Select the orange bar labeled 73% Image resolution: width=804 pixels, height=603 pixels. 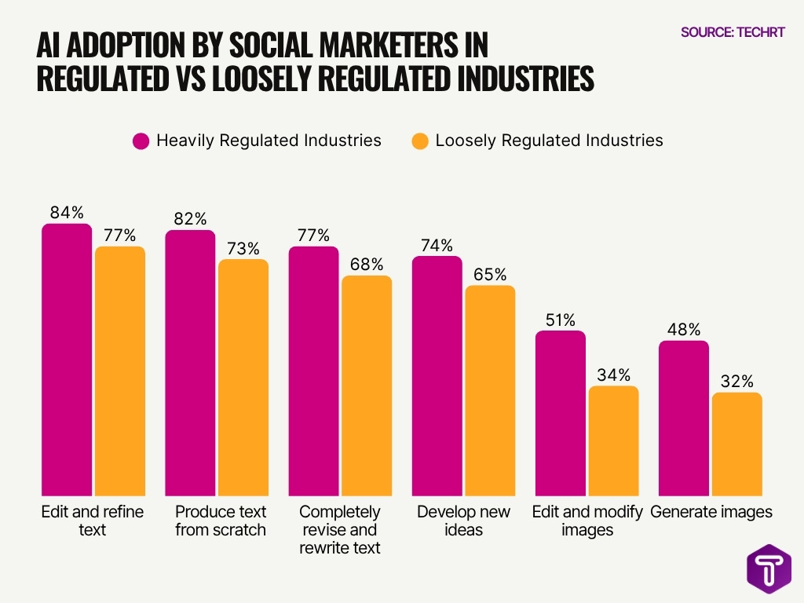(x=243, y=377)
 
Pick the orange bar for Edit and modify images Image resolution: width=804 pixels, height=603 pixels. (x=613, y=440)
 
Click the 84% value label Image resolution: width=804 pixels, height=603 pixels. (x=66, y=212)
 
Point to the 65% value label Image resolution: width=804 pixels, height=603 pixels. (x=490, y=275)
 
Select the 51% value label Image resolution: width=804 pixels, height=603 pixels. (x=560, y=320)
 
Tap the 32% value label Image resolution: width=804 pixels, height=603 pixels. (x=736, y=382)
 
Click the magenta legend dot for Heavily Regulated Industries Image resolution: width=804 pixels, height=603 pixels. (x=141, y=141)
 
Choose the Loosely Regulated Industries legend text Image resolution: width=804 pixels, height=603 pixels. (x=549, y=141)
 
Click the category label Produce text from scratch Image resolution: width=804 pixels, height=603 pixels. (x=220, y=521)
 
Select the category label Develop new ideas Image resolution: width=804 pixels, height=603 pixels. (x=463, y=521)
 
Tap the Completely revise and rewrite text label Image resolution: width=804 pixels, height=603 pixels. (x=340, y=530)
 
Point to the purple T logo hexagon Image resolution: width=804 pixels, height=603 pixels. (x=768, y=567)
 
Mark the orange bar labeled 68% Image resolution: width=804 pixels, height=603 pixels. (x=366, y=385)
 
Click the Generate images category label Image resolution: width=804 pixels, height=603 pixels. (x=711, y=512)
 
